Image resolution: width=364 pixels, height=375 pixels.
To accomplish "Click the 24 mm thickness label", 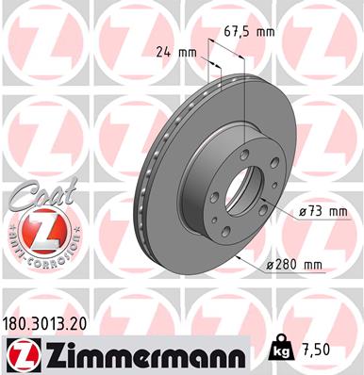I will pyautogui.click(x=170, y=54).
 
